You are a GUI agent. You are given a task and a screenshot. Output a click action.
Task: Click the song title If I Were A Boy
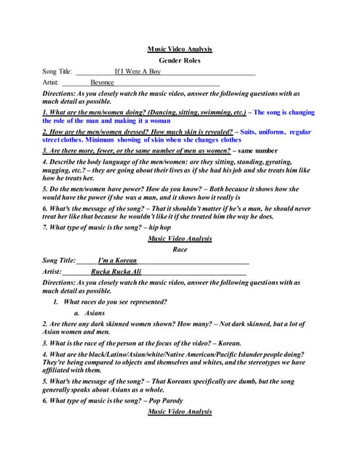(x=137, y=72)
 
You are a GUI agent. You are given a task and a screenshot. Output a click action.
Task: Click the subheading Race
(x=180, y=248)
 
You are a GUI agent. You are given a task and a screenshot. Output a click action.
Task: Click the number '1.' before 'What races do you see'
(x=56, y=302)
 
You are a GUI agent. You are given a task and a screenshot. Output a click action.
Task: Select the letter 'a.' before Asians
(x=76, y=312)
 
